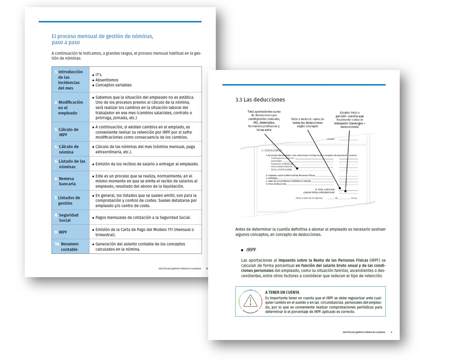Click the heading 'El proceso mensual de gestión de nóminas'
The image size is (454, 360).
[102, 36]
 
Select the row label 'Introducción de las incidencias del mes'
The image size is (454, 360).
[70, 80]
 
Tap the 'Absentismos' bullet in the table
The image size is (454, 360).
[107, 80]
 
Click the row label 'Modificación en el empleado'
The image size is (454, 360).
[70, 108]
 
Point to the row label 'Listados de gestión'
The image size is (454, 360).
[70, 200]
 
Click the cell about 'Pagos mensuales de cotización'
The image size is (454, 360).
[142, 218]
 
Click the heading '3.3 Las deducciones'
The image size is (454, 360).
[260, 100]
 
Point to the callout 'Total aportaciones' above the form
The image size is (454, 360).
[263, 120]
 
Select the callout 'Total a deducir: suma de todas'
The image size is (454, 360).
[307, 122]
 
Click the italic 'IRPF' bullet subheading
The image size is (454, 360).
[251, 250]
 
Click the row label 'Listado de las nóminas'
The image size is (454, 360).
[71, 164]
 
